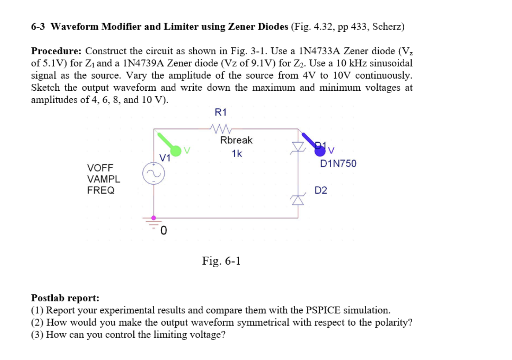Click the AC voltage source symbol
coord(153,174)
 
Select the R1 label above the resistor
coord(220,113)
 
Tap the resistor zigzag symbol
coord(220,129)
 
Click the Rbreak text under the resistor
coord(236,140)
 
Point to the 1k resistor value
coord(237,154)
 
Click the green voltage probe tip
coord(175,150)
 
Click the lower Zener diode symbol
coord(298,199)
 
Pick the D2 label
coord(321,190)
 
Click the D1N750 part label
coord(338,163)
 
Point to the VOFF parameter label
coord(100,167)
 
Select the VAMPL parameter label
coord(103,179)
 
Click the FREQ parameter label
coord(101,190)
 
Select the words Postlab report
coord(65,298)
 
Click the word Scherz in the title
coord(387,26)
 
